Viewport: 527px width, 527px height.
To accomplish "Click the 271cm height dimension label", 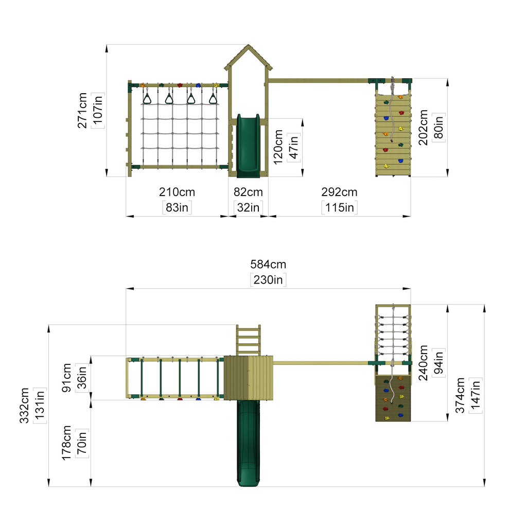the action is pos(82,111).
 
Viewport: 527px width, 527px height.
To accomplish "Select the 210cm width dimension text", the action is pos(177,192).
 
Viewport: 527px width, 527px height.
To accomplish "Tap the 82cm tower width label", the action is pos(248,192).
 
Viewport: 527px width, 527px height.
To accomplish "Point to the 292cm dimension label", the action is pos(339,192).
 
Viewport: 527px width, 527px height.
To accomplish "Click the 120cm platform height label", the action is pos(278,147).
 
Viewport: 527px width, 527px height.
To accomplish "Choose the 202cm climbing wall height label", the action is pos(423,128).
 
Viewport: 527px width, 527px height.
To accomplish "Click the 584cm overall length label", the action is pos(268,265).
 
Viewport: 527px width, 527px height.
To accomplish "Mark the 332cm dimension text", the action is pos(24,406).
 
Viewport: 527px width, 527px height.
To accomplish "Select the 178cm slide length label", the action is pos(66,443).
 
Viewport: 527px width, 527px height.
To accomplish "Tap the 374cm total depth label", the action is pos(460,395).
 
